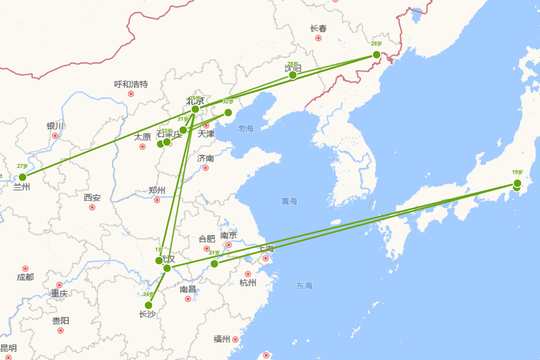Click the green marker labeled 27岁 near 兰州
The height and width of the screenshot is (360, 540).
(22, 177)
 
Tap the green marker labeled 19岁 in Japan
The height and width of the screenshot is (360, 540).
(517, 183)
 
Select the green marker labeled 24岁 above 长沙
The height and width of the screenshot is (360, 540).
(148, 305)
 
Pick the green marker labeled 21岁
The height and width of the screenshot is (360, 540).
(214, 263)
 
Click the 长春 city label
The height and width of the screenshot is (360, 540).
(319, 29)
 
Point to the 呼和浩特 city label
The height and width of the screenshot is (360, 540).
(131, 84)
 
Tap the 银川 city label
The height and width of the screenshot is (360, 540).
(55, 126)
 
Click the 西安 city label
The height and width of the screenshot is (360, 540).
(92, 198)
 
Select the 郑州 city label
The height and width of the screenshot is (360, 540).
(157, 190)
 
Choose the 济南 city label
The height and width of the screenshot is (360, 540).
(205, 158)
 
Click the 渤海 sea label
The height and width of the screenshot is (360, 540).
(246, 129)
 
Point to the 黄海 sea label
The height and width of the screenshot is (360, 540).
(289, 202)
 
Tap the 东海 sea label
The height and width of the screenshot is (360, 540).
(304, 285)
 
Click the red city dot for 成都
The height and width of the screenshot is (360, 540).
(25, 269)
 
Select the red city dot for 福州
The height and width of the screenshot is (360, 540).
(235, 339)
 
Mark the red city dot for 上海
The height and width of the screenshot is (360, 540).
(265, 258)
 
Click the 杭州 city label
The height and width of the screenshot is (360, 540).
(248, 283)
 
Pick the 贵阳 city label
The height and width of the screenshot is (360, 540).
(60, 321)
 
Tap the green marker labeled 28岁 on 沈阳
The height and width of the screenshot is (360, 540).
(292, 75)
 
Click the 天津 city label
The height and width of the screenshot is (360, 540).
(206, 134)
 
